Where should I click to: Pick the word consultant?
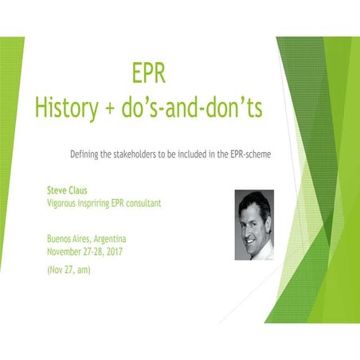[x=141, y=203]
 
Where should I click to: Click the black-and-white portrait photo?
[x=254, y=224]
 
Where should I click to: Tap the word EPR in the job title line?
[x=123, y=203]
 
